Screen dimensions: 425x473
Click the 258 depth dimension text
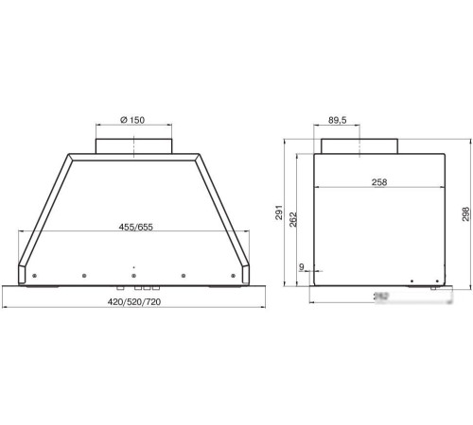[377, 182]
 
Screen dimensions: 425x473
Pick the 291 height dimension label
[279, 216]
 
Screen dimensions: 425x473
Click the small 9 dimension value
[301, 267]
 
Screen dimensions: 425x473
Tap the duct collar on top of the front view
[135, 144]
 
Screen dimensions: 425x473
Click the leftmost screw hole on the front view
[34, 276]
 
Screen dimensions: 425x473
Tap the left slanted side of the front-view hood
[43, 208]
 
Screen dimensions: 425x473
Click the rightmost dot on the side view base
[436, 280]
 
